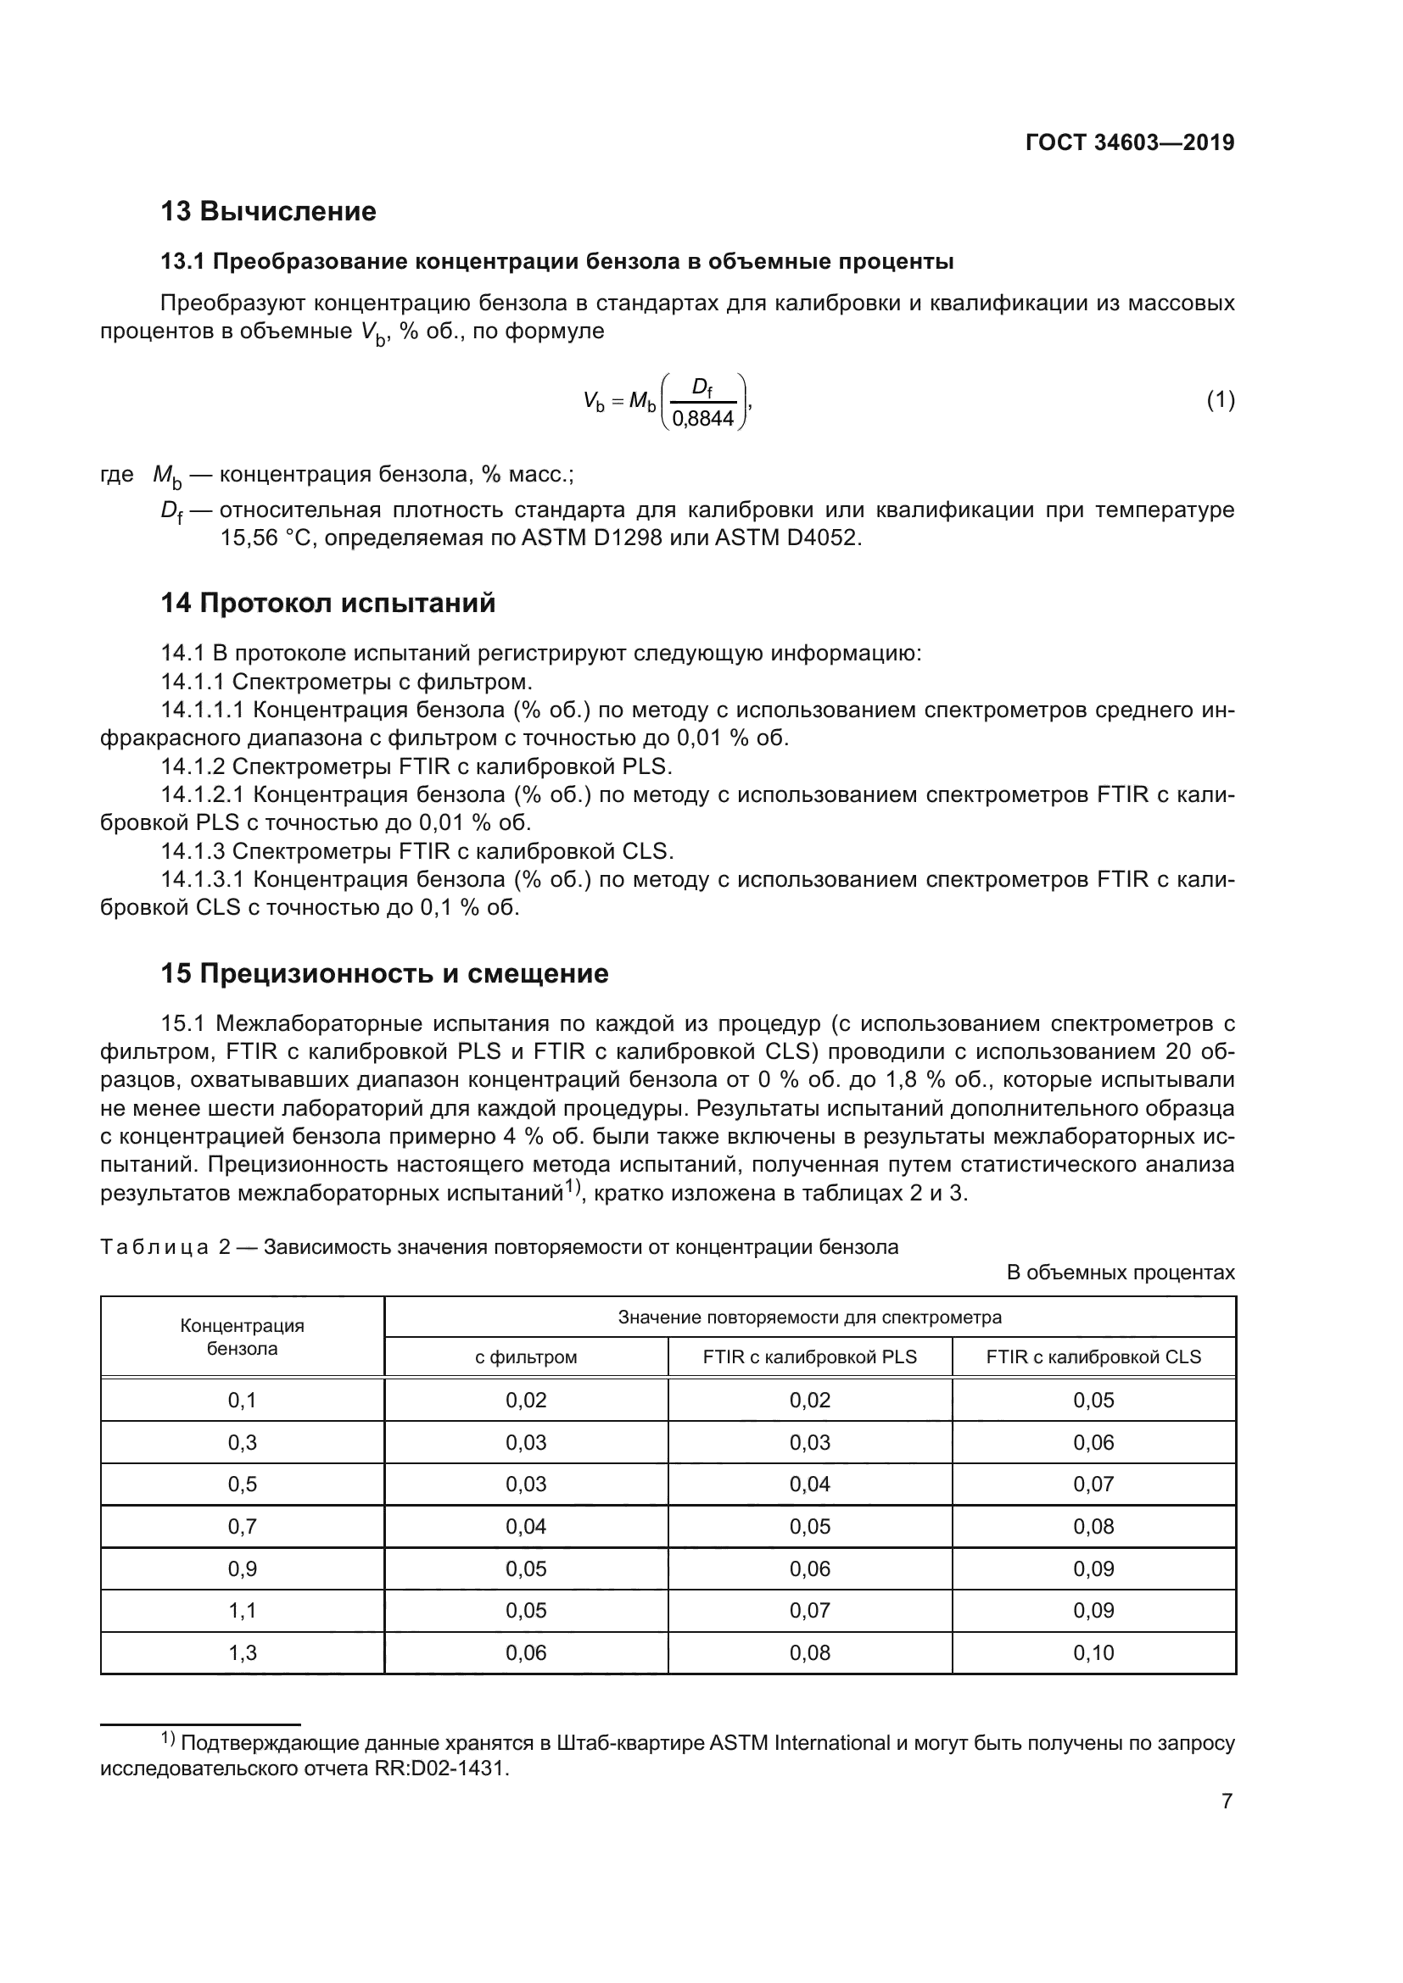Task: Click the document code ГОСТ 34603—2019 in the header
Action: [x=1129, y=142]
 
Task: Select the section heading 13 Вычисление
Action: [x=268, y=211]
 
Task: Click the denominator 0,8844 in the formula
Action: [x=702, y=419]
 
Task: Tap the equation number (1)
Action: [x=1220, y=400]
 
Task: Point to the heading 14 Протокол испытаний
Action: [x=328, y=603]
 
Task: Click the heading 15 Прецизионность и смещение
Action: [x=384, y=973]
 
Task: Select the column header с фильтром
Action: [x=525, y=1356]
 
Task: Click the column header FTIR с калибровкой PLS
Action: [x=809, y=1356]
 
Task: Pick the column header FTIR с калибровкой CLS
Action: [x=1093, y=1356]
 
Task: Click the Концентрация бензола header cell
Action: [x=242, y=1337]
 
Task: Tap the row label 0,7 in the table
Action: [x=242, y=1526]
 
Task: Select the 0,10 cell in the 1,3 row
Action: [x=1093, y=1652]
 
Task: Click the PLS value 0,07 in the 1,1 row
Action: [x=809, y=1610]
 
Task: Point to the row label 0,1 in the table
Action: [x=242, y=1400]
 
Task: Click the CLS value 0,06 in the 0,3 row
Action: [x=1093, y=1442]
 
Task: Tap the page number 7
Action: [x=1226, y=1802]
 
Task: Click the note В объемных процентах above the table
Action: [x=1121, y=1273]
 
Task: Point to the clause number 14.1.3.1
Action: [x=203, y=879]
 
